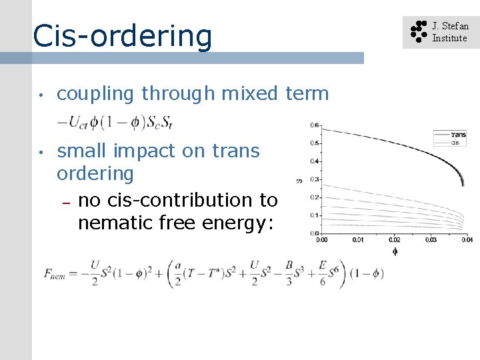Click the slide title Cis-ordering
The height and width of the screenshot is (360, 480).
[122, 36]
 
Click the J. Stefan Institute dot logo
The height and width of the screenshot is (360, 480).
[418, 31]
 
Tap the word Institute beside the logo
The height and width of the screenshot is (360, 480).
[449, 38]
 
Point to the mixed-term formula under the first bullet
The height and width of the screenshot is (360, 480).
[115, 121]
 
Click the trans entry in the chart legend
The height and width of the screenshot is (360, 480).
[458, 135]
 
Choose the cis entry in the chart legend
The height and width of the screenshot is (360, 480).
[455, 143]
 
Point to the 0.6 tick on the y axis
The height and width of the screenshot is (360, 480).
[314, 125]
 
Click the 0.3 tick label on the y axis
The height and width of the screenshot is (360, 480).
[314, 179]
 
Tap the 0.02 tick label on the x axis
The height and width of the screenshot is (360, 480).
[394, 239]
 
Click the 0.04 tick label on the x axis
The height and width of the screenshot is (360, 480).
[467, 239]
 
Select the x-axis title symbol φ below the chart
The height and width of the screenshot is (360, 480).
[395, 252]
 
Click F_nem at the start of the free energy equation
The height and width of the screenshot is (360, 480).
[54, 274]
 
